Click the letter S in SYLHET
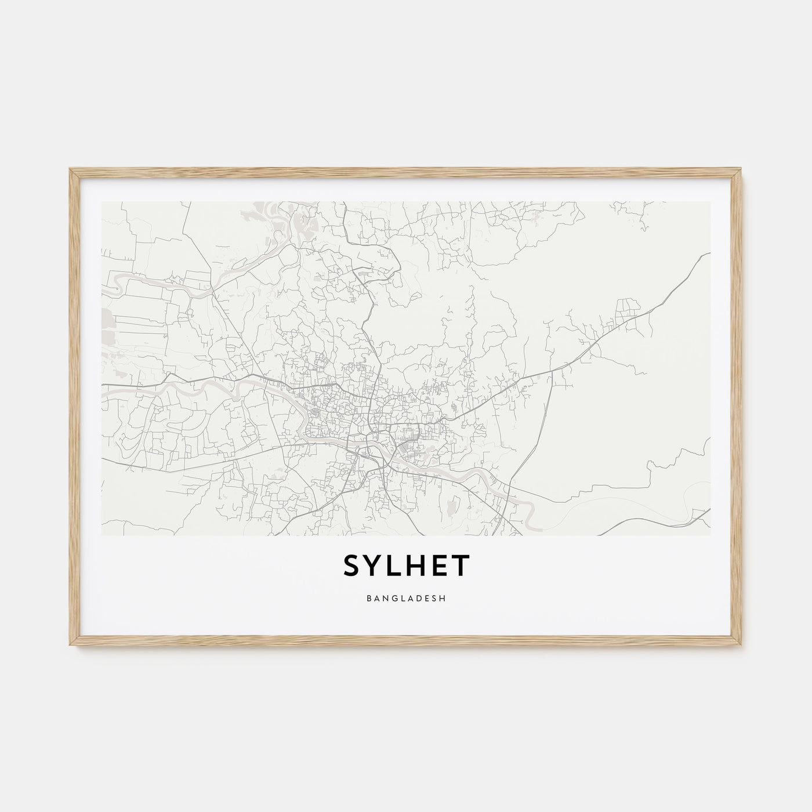(x=354, y=567)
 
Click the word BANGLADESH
(x=406, y=598)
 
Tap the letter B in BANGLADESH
(x=369, y=598)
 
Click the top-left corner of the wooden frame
(x=71, y=169)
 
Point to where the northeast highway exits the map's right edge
(x=709, y=253)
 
